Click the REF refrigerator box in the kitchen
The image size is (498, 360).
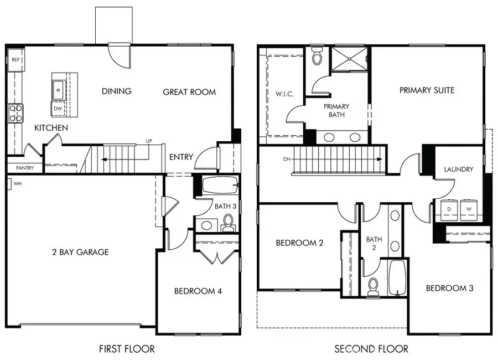(x=16, y=59)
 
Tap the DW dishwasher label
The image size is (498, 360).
(x=58, y=109)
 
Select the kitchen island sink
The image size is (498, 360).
(x=58, y=88)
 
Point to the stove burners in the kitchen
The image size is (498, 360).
(x=15, y=113)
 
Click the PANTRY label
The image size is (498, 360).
(x=24, y=168)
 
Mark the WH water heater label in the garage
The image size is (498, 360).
(x=18, y=183)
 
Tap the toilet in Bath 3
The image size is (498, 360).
(x=227, y=222)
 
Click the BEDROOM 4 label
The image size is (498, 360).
(x=199, y=291)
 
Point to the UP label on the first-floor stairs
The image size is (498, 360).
(x=148, y=141)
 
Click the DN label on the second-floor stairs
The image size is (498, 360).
(x=286, y=159)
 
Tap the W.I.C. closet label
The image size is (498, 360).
(x=284, y=94)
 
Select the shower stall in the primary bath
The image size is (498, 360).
(x=349, y=59)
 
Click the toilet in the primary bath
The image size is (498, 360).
(x=317, y=56)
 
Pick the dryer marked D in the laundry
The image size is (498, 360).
(x=449, y=209)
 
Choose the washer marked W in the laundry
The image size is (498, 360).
(x=469, y=209)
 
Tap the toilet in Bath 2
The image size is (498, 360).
(x=373, y=285)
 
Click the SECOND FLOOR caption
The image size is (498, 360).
(x=371, y=349)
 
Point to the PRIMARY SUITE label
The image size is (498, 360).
(x=427, y=90)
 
